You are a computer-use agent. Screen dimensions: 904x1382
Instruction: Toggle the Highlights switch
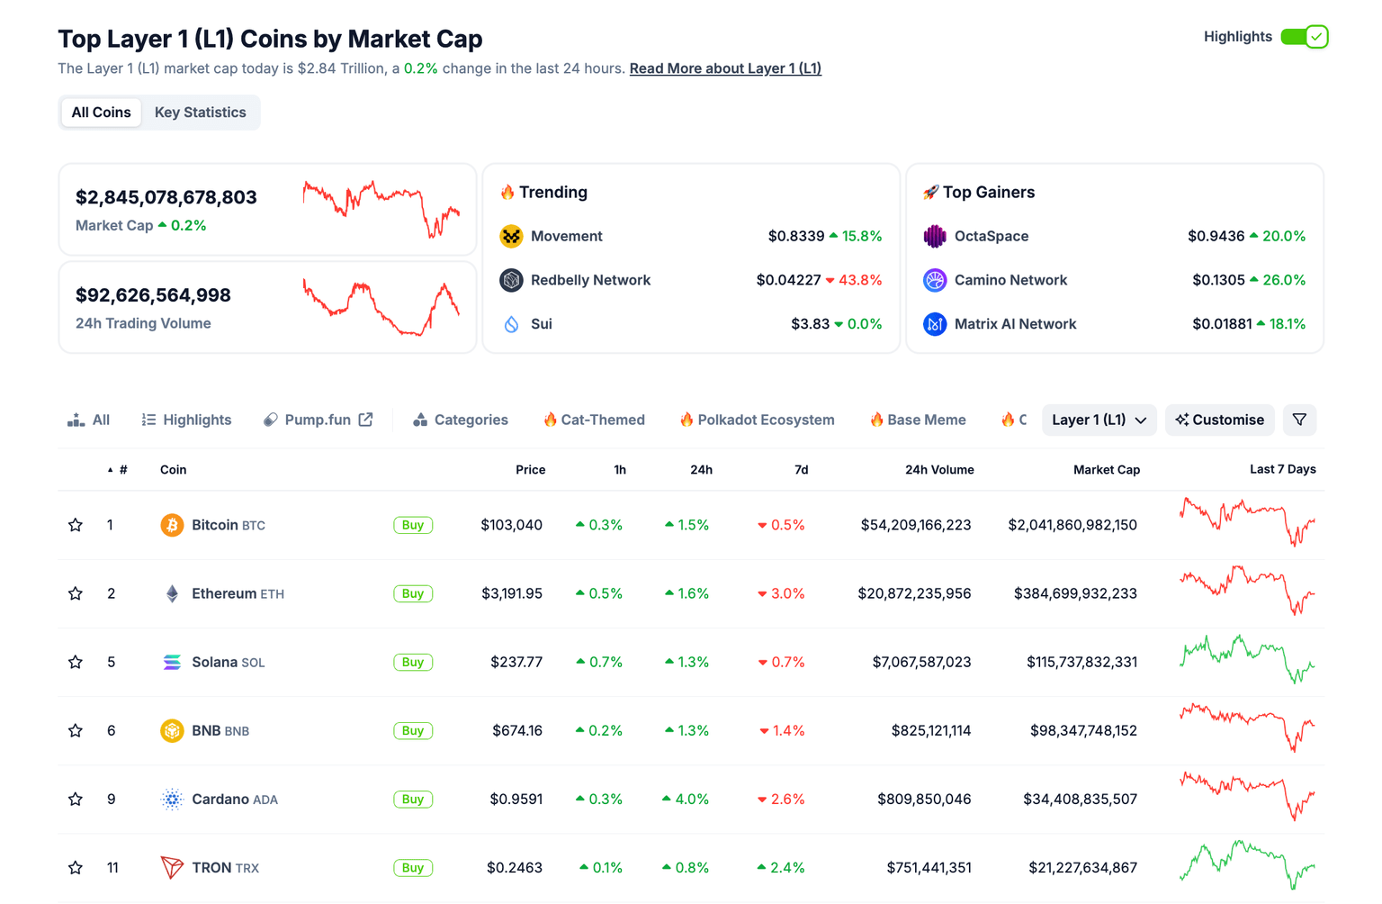tap(1304, 37)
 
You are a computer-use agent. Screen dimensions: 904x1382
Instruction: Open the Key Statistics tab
tap(200, 113)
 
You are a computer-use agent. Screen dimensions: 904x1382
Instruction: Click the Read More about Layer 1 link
tap(725, 68)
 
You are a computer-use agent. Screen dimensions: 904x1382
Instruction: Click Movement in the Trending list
tap(566, 236)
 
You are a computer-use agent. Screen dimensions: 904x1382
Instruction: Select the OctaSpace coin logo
tap(935, 236)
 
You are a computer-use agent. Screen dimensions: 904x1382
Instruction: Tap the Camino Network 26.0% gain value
tap(1283, 280)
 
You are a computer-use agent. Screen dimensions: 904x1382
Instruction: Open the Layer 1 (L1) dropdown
tap(1099, 420)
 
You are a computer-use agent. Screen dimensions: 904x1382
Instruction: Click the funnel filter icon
tap(1299, 420)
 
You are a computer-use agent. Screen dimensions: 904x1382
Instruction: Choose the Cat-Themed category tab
tap(594, 420)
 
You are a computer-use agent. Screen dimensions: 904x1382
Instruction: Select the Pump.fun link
tap(318, 420)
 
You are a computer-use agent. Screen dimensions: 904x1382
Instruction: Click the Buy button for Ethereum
tap(413, 593)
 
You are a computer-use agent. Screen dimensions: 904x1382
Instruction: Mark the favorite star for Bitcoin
tap(76, 525)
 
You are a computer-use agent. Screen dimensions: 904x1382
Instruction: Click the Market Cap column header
tap(1106, 469)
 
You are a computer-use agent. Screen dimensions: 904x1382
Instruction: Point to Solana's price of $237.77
tap(516, 662)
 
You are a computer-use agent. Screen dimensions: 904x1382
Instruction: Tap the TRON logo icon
tap(172, 867)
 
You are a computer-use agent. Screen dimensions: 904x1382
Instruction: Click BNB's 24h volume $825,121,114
tap(930, 730)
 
